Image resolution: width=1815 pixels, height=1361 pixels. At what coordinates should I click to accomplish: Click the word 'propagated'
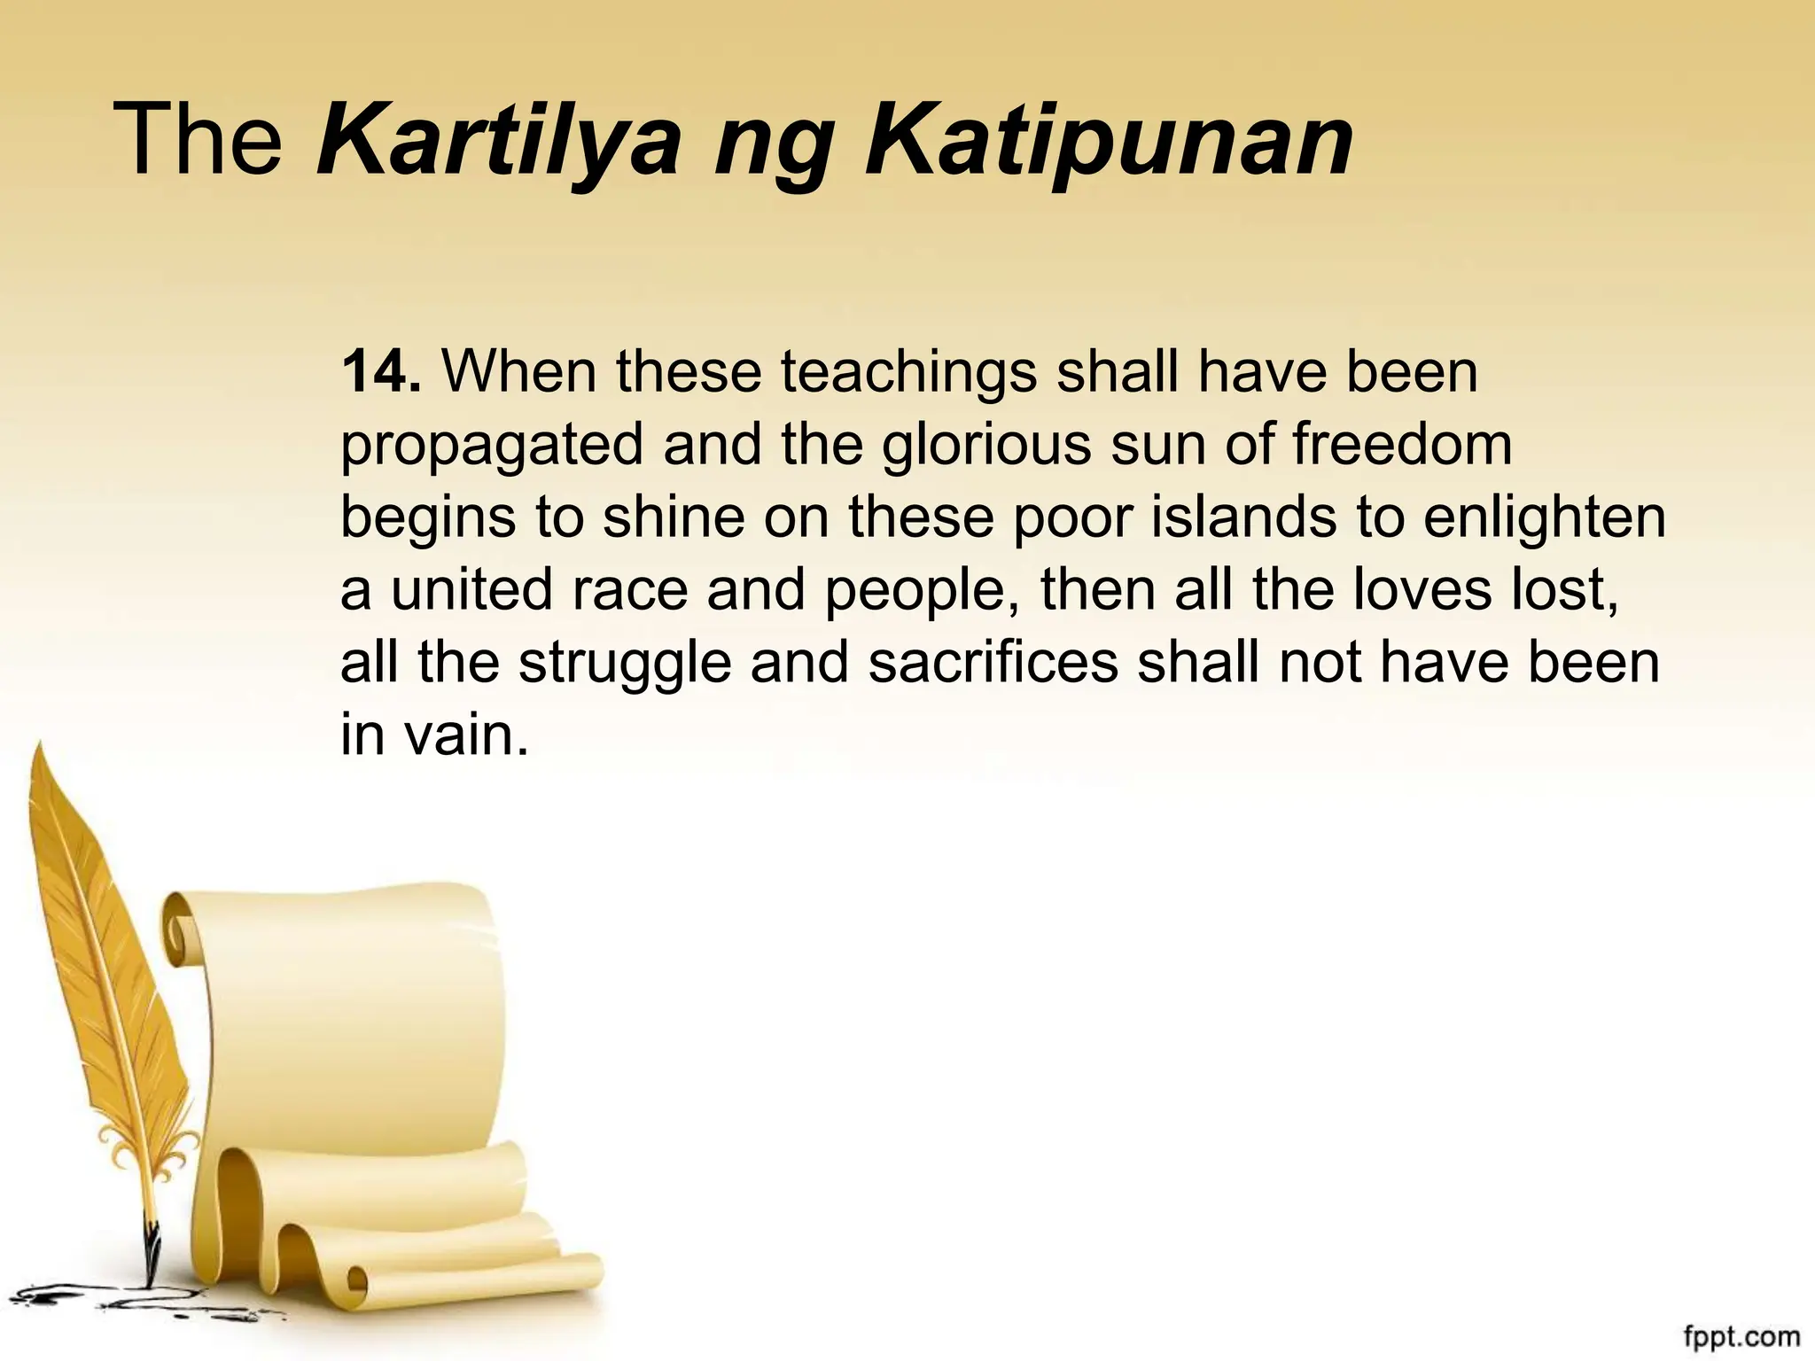click(491, 446)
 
